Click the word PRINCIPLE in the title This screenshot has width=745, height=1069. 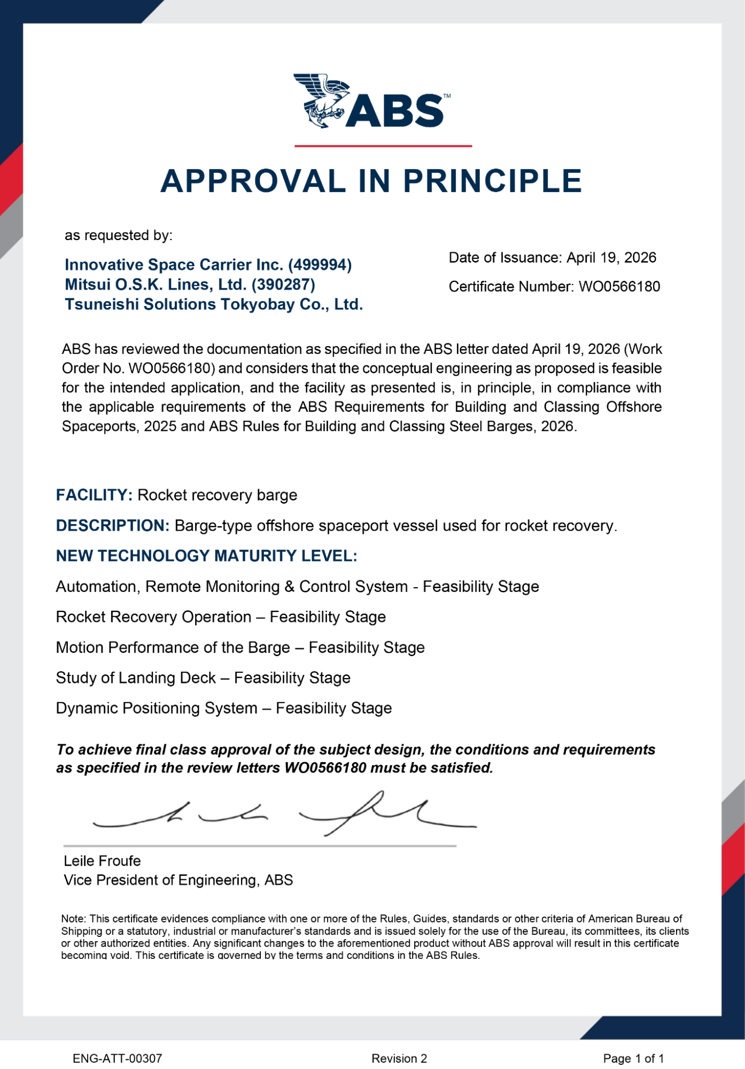pos(492,181)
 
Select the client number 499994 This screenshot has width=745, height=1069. pos(320,265)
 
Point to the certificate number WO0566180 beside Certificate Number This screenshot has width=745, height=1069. pos(619,287)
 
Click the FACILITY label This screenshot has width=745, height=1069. pos(94,495)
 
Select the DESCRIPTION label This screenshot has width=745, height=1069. pos(113,526)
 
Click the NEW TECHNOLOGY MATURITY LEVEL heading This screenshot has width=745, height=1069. pos(206,556)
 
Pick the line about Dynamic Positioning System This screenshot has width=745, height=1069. pos(224,708)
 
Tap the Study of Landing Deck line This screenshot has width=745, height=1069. pos(203,678)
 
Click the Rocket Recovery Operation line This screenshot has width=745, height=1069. pos(221,617)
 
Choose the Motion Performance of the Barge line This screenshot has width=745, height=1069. pos(240,647)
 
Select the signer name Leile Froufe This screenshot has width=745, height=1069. pos(102,861)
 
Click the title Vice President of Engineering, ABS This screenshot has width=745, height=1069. pos(178,880)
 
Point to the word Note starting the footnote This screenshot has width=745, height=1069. pos(73,919)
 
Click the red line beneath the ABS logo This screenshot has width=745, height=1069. pos(383,145)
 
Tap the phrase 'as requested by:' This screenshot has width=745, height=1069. pos(119,235)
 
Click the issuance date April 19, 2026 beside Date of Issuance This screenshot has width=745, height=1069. pos(611,258)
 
